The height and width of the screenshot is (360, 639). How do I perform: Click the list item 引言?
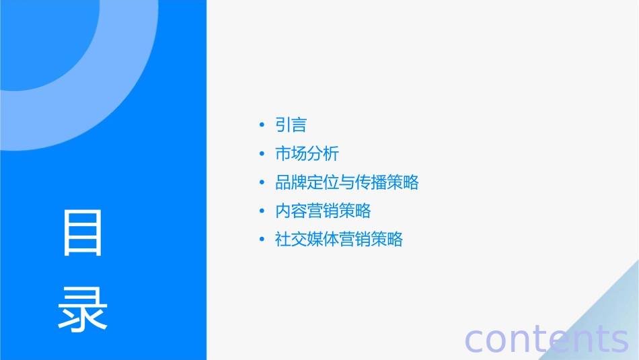point(291,125)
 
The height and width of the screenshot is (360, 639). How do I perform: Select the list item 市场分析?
point(307,154)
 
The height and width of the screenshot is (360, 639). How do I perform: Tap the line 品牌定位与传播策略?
point(346,182)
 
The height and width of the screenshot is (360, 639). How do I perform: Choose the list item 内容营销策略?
point(323,211)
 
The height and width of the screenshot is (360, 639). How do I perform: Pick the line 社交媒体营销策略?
point(338,240)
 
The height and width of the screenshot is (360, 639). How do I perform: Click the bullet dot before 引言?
point(262,126)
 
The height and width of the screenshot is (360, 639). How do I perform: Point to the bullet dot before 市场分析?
point(262,154)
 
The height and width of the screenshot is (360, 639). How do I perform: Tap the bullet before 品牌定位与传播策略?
point(262,182)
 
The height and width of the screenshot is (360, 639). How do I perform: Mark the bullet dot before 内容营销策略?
point(262,211)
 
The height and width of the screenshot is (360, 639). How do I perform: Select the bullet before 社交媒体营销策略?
point(262,240)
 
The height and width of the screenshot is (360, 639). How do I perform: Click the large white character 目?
point(83,233)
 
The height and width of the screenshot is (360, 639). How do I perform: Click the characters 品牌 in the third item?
point(291,182)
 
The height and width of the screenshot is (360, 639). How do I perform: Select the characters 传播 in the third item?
point(371,182)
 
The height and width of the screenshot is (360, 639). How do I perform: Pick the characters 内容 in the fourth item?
point(291,211)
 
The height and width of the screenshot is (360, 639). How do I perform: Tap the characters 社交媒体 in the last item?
point(307,240)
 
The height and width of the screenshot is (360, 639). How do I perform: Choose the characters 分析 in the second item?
point(323,154)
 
